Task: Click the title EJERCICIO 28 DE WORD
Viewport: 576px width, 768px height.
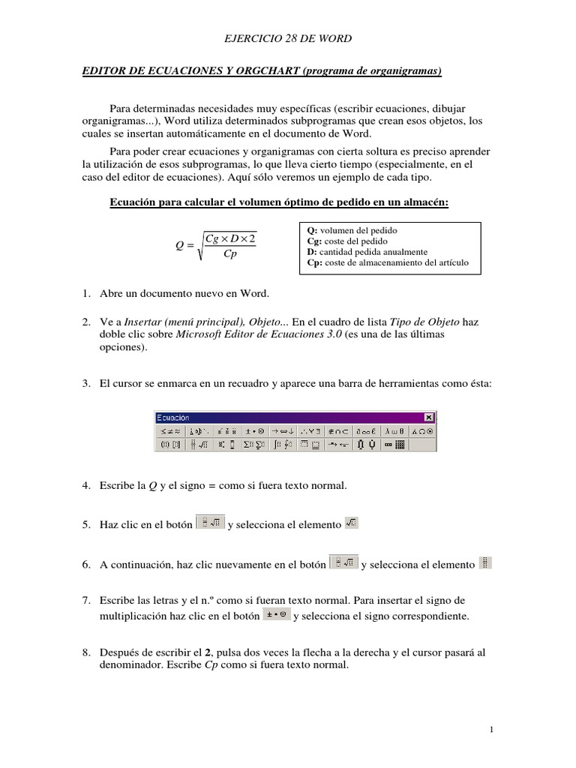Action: (288, 37)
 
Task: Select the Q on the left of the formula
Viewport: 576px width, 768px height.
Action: (170, 245)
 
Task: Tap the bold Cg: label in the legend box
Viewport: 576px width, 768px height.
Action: (314, 241)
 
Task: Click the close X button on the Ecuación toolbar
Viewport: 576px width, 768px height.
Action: (428, 418)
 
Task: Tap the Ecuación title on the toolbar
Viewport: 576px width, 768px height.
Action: (174, 418)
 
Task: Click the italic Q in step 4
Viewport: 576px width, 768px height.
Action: (151, 486)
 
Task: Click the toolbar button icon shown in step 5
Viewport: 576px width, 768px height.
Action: (210, 523)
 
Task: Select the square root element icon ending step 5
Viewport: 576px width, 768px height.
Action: (351, 523)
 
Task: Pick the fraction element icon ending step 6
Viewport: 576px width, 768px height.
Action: (485, 562)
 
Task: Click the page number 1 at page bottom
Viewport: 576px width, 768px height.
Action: (490, 729)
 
